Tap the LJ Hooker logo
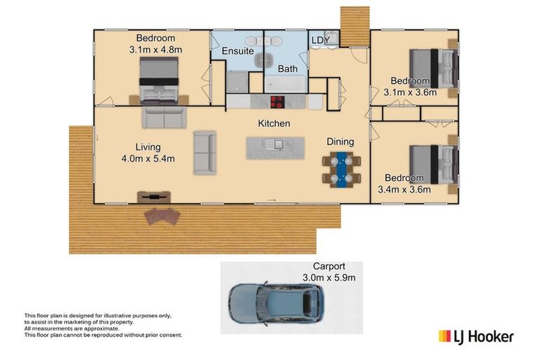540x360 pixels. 476,336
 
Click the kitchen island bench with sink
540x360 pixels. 274,147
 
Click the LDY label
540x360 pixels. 321,41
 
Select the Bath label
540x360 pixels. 287,69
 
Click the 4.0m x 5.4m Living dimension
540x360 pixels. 149,158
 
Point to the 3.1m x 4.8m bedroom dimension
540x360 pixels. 155,49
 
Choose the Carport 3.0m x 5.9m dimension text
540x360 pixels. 329,277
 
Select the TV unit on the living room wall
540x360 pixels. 153,197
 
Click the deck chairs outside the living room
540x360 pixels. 162,215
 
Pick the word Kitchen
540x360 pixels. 274,124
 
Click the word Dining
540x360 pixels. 340,142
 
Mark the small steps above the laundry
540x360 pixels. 354,24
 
